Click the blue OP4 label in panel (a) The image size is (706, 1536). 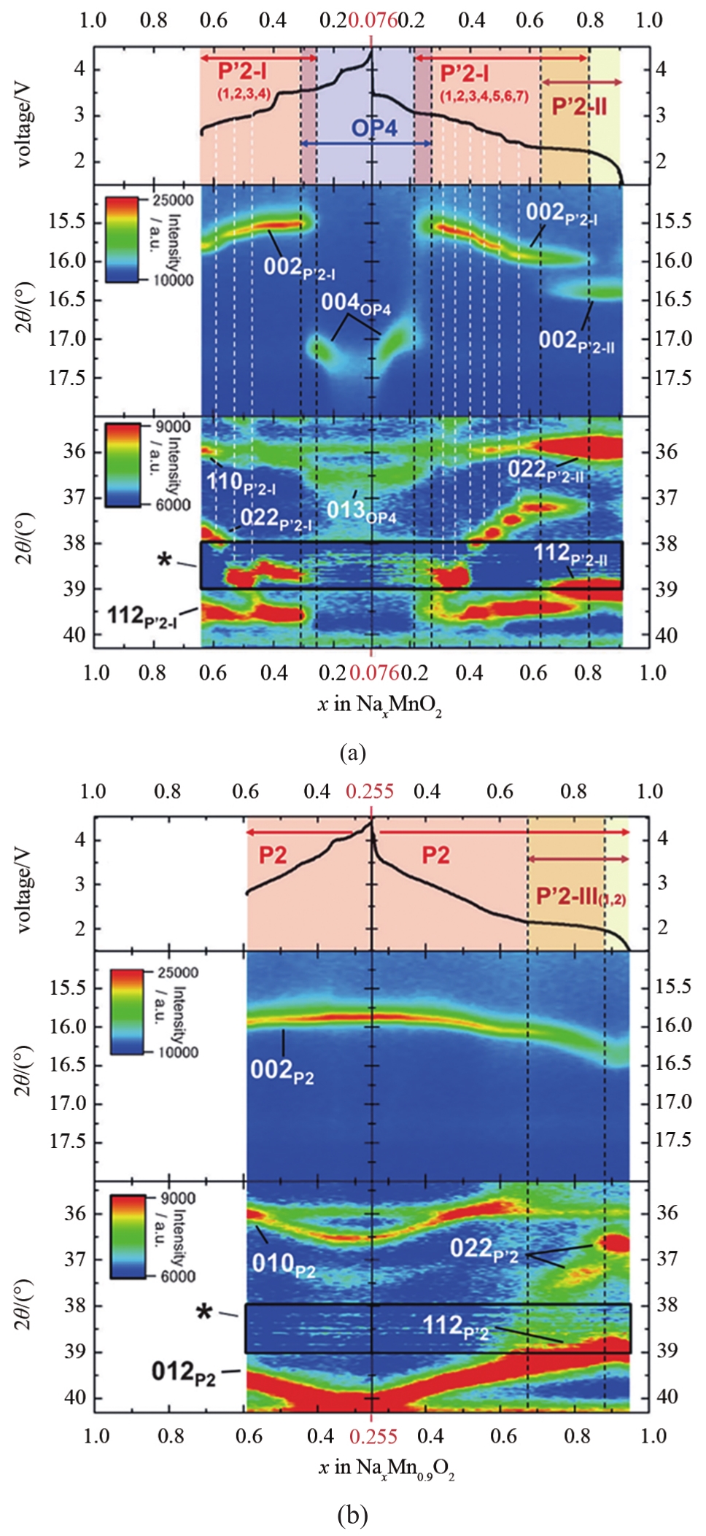tap(374, 128)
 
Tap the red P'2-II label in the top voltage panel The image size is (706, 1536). tap(579, 106)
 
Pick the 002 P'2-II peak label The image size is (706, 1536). tap(575, 341)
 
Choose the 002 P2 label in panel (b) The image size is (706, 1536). tap(282, 1071)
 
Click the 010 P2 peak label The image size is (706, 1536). tap(283, 1264)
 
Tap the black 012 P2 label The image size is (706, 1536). tap(184, 1372)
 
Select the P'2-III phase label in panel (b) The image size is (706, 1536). tap(580, 896)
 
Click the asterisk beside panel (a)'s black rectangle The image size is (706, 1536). tap(165, 560)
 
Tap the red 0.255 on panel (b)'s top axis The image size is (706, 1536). tap(370, 791)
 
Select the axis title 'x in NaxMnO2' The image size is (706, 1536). tap(379, 705)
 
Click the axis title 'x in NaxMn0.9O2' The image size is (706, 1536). tap(387, 1467)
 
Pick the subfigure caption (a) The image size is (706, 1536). tap(353, 752)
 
